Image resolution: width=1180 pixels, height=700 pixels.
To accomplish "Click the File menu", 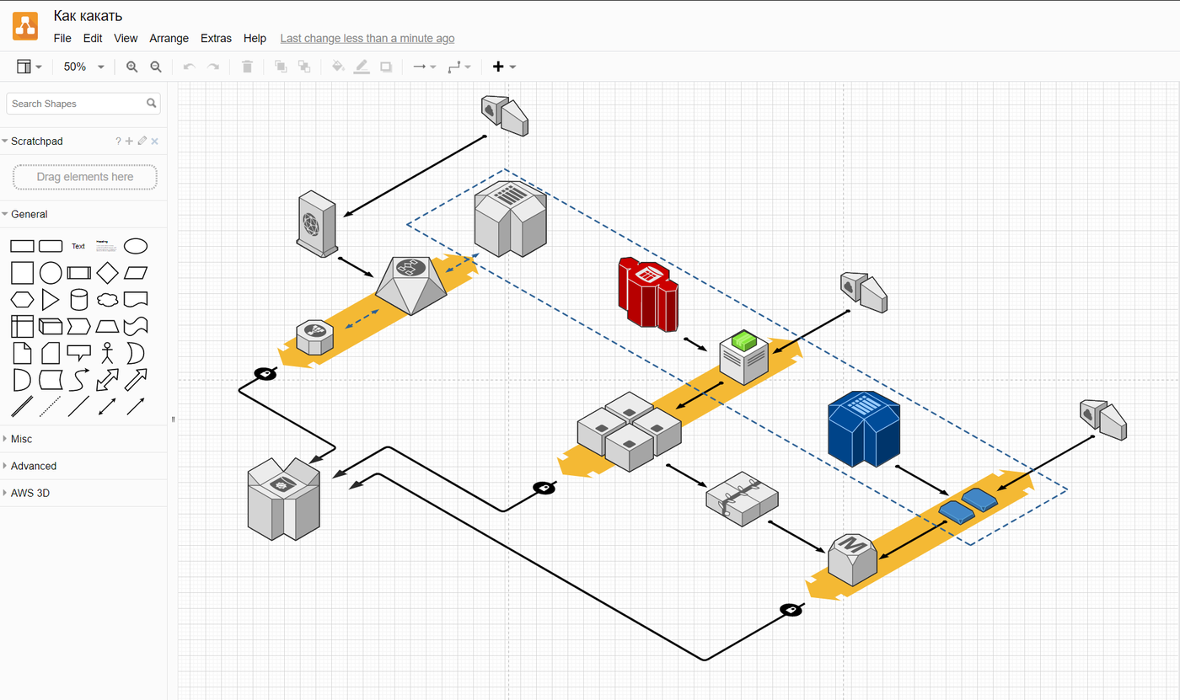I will point(62,38).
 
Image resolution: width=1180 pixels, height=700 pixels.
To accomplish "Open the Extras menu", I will point(216,38).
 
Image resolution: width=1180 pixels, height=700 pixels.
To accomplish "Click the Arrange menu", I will point(169,38).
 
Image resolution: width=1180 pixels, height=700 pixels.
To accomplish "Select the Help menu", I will point(255,38).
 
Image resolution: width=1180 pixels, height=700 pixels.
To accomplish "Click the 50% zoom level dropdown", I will point(83,67).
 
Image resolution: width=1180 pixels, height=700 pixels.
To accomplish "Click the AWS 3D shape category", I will point(30,493).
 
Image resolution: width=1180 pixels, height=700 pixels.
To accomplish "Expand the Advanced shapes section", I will point(34,466).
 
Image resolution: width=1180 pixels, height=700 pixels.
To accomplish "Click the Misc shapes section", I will point(22,439).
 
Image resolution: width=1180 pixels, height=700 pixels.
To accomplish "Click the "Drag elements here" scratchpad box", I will point(85,177).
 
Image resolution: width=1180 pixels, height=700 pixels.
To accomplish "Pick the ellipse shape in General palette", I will point(136,246).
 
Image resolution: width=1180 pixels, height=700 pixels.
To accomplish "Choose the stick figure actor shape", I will point(107,352).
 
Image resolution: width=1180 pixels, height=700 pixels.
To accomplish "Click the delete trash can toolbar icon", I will point(247,67).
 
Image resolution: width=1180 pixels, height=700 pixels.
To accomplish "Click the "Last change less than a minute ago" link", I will point(367,38).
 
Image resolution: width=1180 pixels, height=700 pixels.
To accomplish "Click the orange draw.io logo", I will point(25,26).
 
